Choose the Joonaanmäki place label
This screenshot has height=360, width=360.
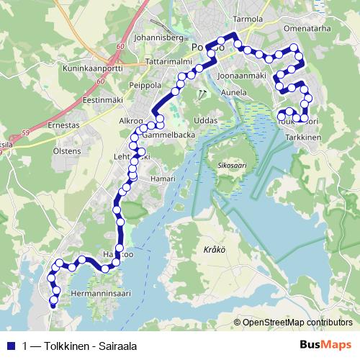point(242,76)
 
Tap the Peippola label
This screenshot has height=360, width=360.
point(144,85)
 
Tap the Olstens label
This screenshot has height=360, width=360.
point(67,152)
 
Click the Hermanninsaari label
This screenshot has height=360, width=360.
point(100,294)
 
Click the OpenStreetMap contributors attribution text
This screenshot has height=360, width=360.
point(297,323)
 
